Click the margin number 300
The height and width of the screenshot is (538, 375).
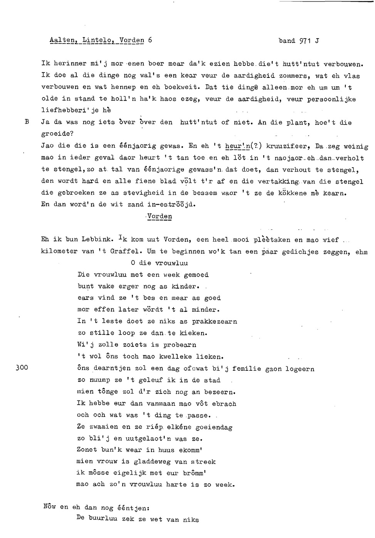click(22, 368)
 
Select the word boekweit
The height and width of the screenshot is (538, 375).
click(181, 87)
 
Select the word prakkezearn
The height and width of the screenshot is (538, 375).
click(214, 321)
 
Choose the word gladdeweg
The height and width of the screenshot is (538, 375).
click(156, 462)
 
